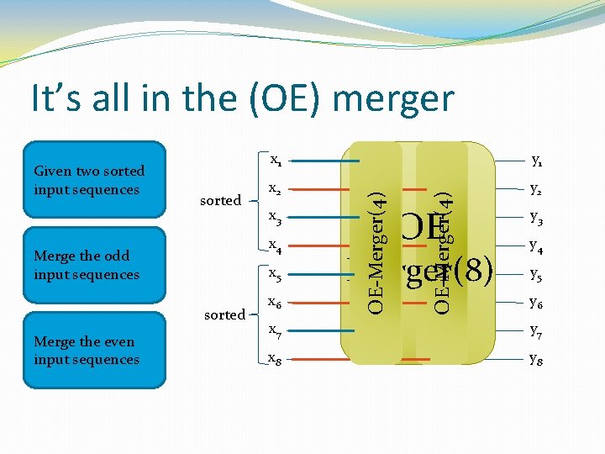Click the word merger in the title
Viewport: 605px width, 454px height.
(x=392, y=98)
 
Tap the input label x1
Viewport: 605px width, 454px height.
(x=275, y=161)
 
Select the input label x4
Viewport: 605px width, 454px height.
(x=275, y=246)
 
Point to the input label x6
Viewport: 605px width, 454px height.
(x=275, y=304)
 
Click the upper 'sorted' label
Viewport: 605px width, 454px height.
(x=220, y=200)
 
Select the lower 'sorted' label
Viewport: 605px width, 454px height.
(x=225, y=314)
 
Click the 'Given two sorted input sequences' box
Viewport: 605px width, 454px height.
(x=94, y=180)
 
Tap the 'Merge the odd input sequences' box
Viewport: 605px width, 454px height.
(x=94, y=265)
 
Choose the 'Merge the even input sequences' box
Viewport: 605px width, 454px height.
(x=94, y=351)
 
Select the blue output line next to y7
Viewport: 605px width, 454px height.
(x=504, y=332)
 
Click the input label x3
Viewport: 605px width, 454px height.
(x=275, y=219)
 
